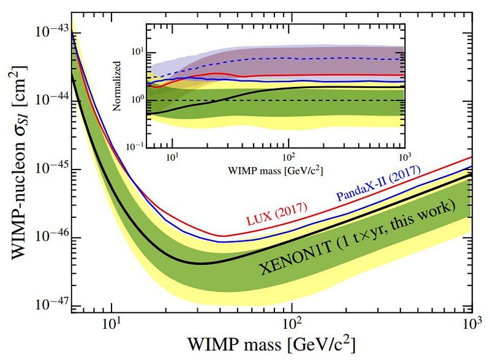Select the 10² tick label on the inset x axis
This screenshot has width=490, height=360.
click(x=287, y=156)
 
